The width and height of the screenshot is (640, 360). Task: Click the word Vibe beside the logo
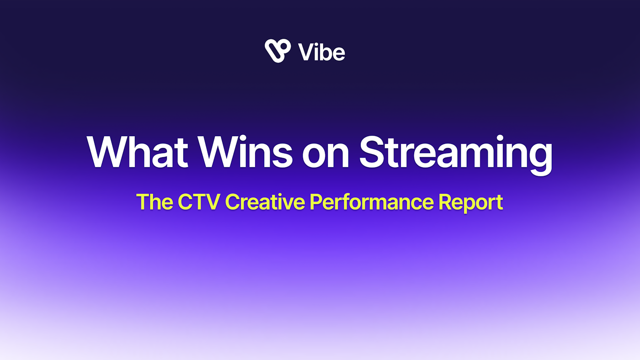(321, 52)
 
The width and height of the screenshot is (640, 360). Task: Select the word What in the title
(138, 152)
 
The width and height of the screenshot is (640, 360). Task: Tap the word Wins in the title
(245, 152)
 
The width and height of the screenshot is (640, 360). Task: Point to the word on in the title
(325, 156)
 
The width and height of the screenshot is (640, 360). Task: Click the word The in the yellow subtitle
(155, 202)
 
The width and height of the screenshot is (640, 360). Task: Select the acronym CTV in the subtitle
(199, 202)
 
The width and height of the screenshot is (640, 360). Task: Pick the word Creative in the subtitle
(265, 202)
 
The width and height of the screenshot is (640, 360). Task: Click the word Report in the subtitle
(471, 203)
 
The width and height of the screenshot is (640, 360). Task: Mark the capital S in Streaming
(371, 152)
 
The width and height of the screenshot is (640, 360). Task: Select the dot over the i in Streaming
(500, 138)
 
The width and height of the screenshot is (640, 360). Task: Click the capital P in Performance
(317, 202)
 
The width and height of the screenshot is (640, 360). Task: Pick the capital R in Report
(446, 202)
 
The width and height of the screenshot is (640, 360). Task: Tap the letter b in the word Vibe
(323, 52)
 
